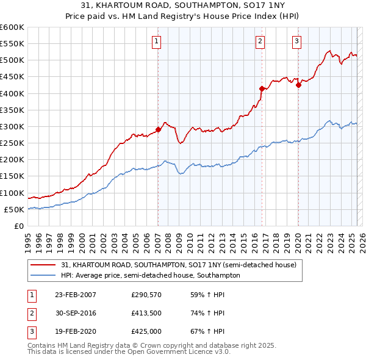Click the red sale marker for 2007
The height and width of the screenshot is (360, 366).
coord(158,129)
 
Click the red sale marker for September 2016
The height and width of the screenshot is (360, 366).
coord(262,88)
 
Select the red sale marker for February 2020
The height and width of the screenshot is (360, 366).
coord(298,85)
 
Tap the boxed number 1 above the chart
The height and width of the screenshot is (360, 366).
coord(157,41)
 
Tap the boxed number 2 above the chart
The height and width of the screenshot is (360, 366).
coord(260,41)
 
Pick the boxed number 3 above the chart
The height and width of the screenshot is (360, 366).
coord(296,41)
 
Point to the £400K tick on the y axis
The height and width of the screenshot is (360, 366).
coord(12,93)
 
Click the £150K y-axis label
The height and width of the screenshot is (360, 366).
coord(12,176)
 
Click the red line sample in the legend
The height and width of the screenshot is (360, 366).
coord(44,265)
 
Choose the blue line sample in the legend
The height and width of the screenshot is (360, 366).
coord(44,275)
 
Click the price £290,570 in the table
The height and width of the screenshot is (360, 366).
coord(145,295)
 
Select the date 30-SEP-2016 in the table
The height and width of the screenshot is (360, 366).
coord(76,314)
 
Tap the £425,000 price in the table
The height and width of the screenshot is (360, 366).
coord(145,333)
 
